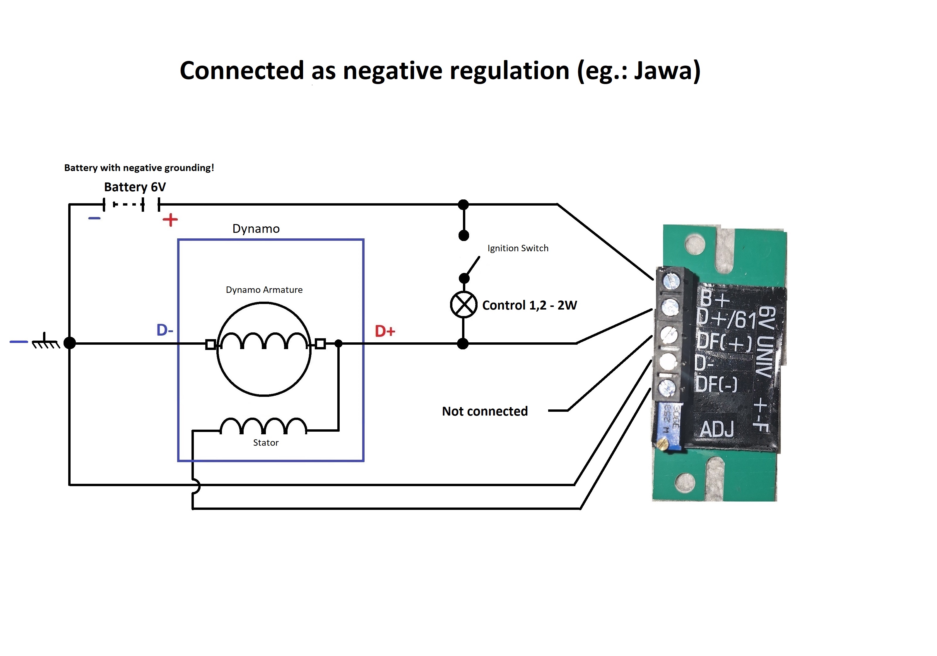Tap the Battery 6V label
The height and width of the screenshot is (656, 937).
pyautogui.click(x=135, y=187)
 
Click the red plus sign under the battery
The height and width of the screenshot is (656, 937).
pyautogui.click(x=170, y=220)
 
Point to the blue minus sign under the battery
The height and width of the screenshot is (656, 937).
pyautogui.click(x=94, y=218)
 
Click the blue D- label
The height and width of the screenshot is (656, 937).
pyautogui.click(x=165, y=330)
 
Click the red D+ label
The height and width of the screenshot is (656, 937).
pyautogui.click(x=385, y=331)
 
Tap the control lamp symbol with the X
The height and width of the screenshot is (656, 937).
pyautogui.click(x=463, y=305)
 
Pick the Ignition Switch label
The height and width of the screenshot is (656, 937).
pyautogui.click(x=518, y=248)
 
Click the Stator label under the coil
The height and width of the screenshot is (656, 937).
pyautogui.click(x=266, y=443)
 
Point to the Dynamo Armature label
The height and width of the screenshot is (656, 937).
pyautogui.click(x=264, y=290)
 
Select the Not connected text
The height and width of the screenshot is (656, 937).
pyautogui.click(x=485, y=411)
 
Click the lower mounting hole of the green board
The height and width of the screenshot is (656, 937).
pyautogui.click(x=685, y=483)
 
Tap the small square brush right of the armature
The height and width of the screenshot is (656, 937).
pyautogui.click(x=320, y=344)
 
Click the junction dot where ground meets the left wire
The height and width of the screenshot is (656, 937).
pyautogui.click(x=70, y=343)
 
